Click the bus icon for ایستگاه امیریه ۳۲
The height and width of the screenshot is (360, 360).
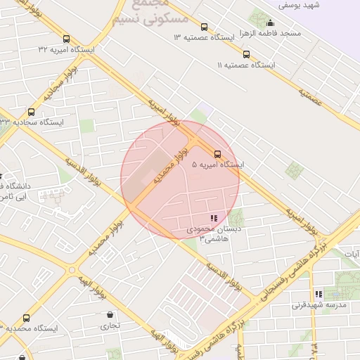tap(66, 39)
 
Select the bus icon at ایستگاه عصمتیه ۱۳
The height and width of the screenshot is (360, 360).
tap(204, 26)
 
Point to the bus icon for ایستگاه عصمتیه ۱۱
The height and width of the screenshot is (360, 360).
tap(245, 54)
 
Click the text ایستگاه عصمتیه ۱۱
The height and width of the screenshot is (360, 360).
tap(246, 65)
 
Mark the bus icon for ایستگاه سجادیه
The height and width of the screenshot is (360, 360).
tap(30, 112)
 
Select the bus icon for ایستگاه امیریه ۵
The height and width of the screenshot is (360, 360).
tap(217, 154)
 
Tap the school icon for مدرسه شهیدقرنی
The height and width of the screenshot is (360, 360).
tap(319, 294)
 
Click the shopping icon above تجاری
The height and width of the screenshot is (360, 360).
tap(109, 315)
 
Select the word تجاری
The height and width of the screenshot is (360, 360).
tap(109, 326)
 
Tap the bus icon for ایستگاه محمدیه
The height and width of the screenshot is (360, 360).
tap(6, 328)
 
